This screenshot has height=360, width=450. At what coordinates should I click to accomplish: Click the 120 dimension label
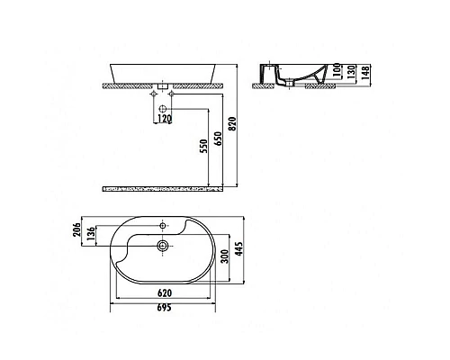[x=165, y=117]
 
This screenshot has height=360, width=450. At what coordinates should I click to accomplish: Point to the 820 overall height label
[x=233, y=126]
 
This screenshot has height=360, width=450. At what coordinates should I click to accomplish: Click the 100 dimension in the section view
[x=339, y=71]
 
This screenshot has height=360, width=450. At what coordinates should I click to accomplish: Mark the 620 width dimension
[x=163, y=292]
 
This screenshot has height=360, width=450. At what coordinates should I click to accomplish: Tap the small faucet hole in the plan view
[x=164, y=225]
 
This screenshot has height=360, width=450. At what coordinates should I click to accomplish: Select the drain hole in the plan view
[x=163, y=245]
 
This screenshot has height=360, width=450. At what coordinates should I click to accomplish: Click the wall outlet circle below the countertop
[x=164, y=105]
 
